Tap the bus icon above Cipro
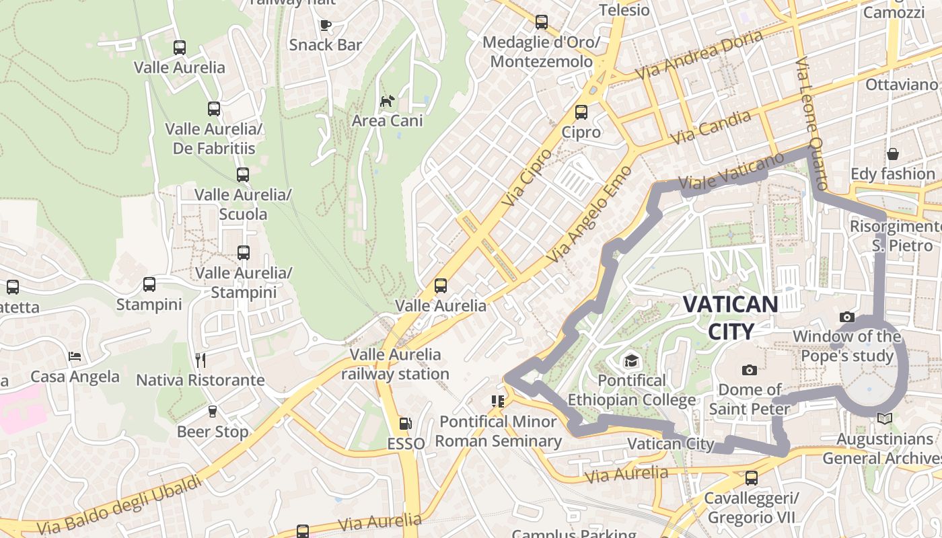[581, 112]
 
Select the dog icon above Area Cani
[388, 102]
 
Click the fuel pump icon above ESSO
[405, 424]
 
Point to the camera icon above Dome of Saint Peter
[749, 370]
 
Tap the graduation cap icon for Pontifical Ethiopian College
[630, 361]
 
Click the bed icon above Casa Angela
[75, 356]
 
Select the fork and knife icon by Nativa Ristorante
[200, 360]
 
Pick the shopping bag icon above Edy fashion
[892, 154]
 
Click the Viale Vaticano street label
[731, 171]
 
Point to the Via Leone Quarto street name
[811, 123]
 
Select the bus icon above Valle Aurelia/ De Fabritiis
[214, 108]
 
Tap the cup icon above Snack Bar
[326, 25]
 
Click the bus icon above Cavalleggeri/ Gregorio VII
[751, 478]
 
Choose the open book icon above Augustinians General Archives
[884, 419]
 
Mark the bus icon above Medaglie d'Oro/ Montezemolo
[542, 22]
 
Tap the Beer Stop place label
[213, 432]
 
